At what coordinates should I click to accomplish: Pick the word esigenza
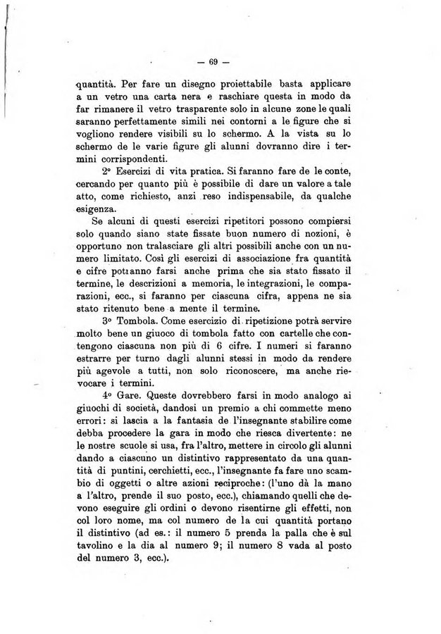click(101, 209)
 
